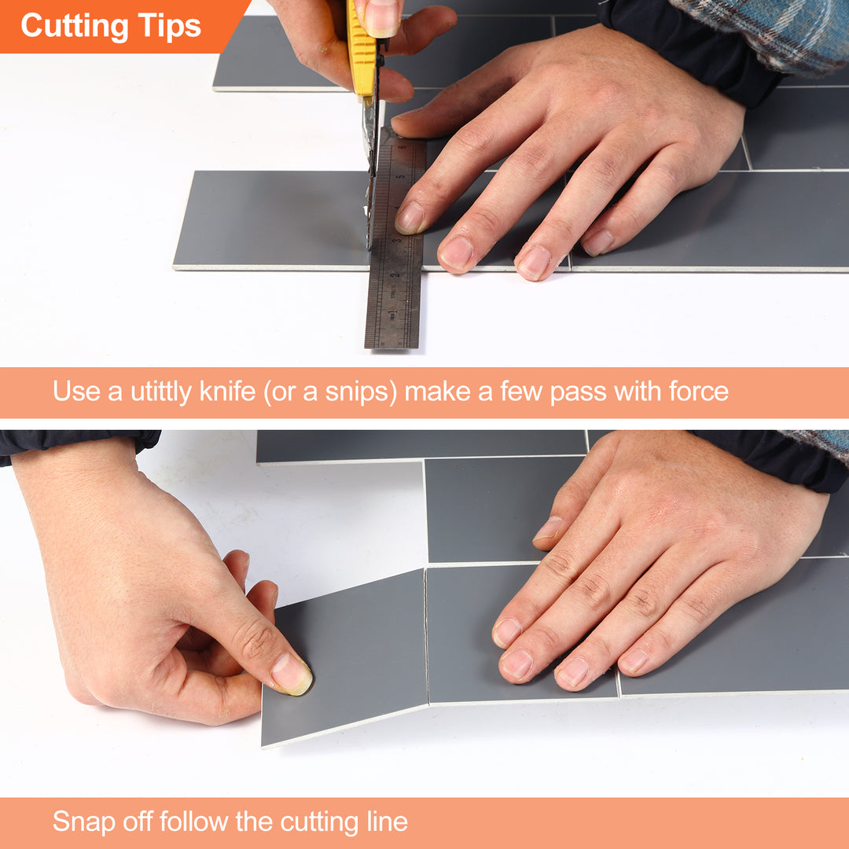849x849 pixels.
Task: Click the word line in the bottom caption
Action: (384, 822)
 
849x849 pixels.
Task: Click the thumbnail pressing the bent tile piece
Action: (292, 674)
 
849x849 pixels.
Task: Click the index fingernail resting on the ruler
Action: (410, 219)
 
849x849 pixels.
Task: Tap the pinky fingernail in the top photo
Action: (598, 242)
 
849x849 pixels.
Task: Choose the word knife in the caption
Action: (227, 391)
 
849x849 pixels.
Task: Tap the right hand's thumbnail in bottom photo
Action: (549, 528)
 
